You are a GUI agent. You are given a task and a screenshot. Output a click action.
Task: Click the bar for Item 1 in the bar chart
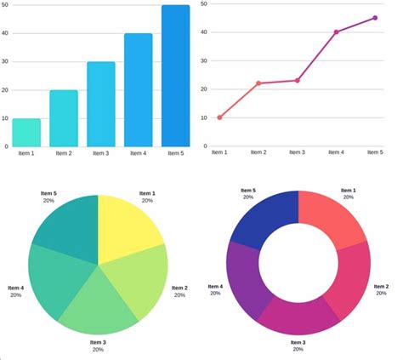coord(26,133)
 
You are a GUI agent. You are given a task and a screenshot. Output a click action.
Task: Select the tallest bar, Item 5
coord(176,77)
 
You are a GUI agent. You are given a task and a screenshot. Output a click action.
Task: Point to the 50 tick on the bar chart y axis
coord(5,6)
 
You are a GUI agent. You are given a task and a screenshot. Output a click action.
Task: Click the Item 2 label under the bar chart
coord(63,153)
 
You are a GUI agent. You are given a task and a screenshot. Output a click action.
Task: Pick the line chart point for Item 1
coord(219,117)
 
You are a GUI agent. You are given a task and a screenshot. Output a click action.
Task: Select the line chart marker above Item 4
coord(336,32)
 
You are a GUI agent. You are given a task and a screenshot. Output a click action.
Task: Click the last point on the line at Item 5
coord(375,18)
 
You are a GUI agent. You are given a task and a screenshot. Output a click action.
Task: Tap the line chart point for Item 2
coord(258,83)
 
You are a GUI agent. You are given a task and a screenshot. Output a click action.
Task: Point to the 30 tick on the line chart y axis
coord(205,60)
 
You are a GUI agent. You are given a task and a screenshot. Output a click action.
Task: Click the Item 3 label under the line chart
coord(297,152)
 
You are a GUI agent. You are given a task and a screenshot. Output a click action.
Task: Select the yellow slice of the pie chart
coord(127,225)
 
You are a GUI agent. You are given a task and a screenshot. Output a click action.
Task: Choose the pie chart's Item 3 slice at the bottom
coord(99,306)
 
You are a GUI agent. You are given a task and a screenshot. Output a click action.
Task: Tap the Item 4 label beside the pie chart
coord(15,288)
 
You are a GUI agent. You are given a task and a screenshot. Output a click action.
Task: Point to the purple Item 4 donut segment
coord(245,276)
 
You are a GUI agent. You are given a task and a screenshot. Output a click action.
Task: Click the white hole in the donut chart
coord(298,264)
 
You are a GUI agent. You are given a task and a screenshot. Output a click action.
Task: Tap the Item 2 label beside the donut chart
coord(381,287)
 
